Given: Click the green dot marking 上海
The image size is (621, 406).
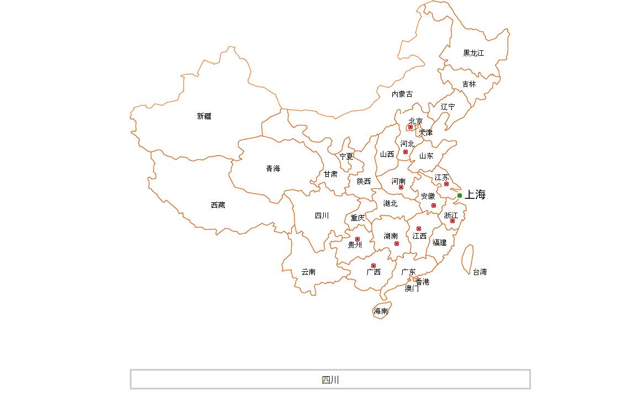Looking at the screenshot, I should coord(460,196).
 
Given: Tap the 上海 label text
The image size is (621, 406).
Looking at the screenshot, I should coord(475,194).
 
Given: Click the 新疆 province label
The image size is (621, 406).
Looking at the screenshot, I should coord(204,116).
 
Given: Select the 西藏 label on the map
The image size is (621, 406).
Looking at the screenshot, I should coord(218,205).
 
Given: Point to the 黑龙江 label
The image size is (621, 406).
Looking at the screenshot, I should coord(473,53).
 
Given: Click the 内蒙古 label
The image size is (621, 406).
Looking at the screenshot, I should coord(402,94).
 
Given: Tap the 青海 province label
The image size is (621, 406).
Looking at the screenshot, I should coord(273,168).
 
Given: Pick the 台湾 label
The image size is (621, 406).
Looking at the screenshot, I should coord(480,272).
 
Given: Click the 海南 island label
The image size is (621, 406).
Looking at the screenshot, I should coord(381,311).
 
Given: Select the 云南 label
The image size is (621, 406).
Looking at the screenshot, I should coord(308,272).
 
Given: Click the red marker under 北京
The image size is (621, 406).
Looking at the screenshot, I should coord(411,128).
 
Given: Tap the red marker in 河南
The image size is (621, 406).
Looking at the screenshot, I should coord(401,188).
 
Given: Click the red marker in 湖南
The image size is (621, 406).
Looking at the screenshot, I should coord(397,244).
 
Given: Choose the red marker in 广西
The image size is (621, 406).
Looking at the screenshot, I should coord(373,266).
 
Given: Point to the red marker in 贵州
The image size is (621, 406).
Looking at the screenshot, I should coord(357,239).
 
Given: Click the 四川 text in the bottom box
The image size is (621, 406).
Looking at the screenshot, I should coord(330,380).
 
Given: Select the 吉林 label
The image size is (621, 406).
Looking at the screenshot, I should coord(469,84).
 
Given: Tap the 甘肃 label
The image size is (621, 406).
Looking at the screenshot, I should coord(330,174).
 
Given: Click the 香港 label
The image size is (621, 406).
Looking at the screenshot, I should coord(423,282).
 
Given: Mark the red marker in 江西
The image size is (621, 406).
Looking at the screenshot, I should coord(419,229).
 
